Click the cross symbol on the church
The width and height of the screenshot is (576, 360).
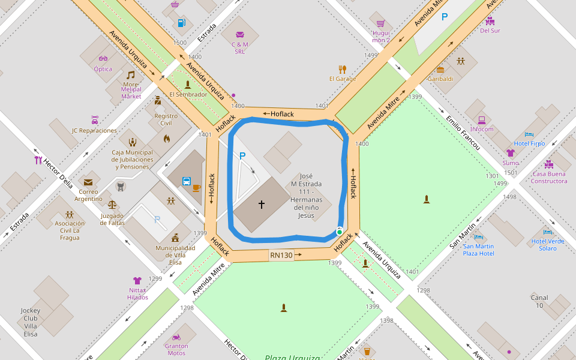262,205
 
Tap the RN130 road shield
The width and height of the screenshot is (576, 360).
281,256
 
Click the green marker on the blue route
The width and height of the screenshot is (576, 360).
340,232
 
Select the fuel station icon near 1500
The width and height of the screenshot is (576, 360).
181,23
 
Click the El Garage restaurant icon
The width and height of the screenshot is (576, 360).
343,69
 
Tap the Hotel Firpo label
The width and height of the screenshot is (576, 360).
529,143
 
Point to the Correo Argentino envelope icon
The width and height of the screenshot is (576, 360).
88,182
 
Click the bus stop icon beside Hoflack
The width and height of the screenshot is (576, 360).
187,181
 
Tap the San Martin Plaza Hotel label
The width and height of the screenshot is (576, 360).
478,250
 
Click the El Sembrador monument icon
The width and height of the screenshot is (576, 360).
188,85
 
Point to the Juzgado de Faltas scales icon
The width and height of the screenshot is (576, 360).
112,204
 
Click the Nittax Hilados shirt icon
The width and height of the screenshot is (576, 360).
137,280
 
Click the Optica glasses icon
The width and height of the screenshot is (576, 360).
103,59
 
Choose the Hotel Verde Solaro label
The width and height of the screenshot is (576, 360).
548,245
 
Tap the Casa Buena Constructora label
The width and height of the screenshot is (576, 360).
549,177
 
